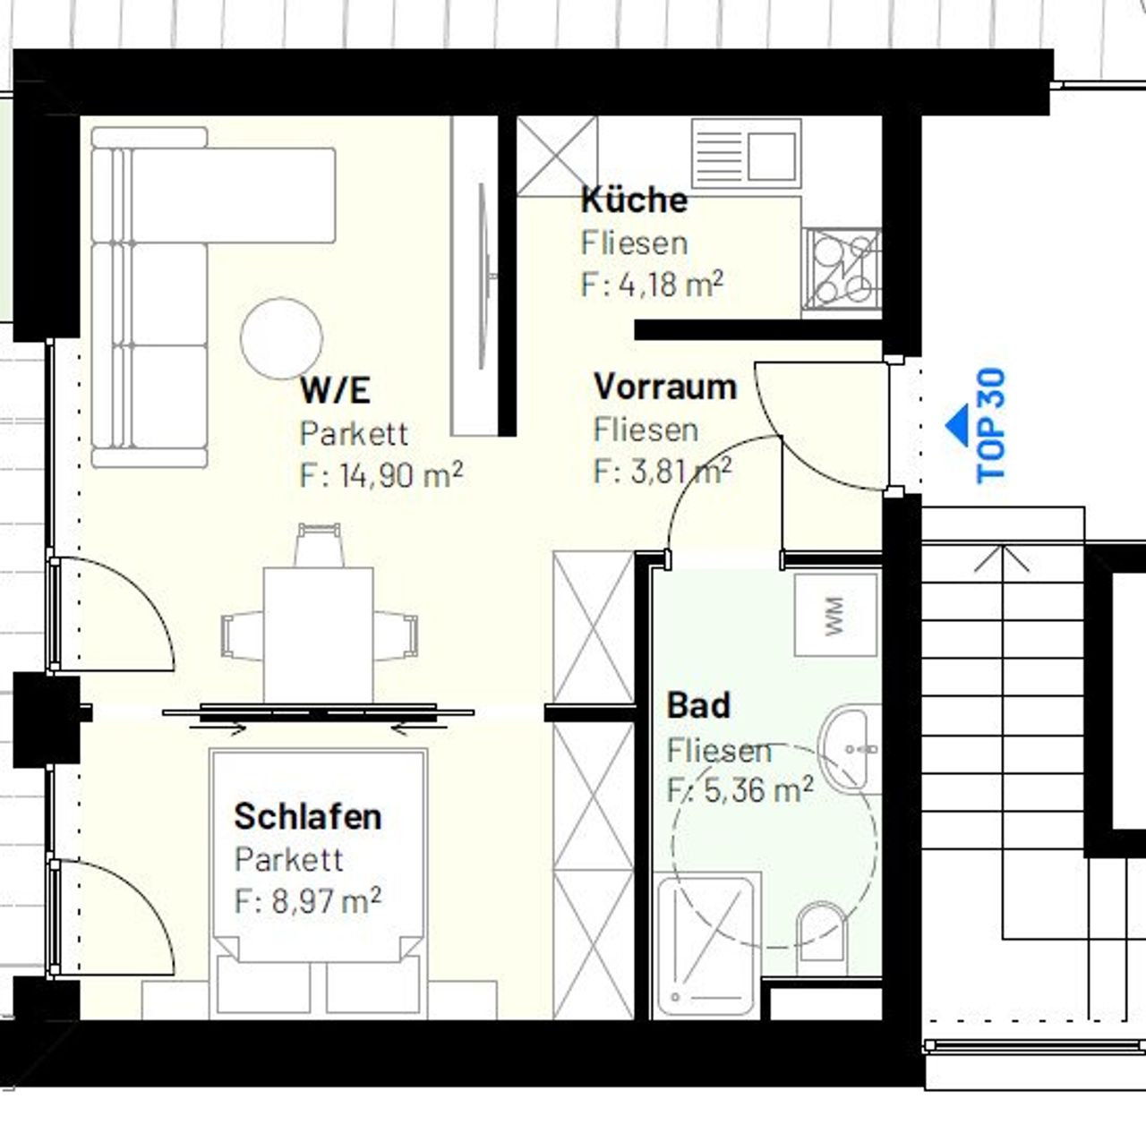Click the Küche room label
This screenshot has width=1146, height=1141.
tap(634, 200)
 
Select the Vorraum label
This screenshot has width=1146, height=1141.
tap(665, 387)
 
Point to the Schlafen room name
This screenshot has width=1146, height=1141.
tap(308, 816)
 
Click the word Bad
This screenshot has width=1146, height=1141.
tap(698, 706)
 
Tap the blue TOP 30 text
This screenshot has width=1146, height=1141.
tap(991, 425)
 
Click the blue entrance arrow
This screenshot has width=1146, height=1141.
tap(957, 425)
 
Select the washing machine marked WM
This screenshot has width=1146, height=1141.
tap(836, 616)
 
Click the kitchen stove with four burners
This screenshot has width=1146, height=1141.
tap(842, 269)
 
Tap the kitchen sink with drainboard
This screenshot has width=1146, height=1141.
tap(747, 154)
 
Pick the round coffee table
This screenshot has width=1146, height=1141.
tap(281, 338)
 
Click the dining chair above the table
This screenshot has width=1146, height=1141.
tap(320, 545)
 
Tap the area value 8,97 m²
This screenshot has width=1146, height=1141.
tap(307, 901)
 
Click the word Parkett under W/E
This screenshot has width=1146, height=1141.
tap(354, 433)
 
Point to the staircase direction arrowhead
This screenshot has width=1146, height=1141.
tap(1002, 559)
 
